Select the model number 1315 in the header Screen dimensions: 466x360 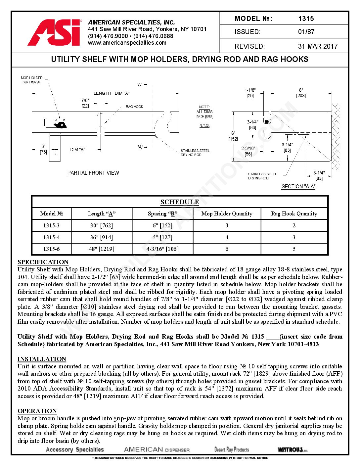(x=306, y=19)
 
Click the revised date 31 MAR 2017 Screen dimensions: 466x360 (x=318, y=46)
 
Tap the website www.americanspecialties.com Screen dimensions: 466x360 (x=127, y=43)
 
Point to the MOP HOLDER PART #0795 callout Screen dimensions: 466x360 (x=31, y=80)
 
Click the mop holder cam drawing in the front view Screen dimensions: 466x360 (x=61, y=124)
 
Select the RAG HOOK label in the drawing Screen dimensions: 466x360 (x=134, y=107)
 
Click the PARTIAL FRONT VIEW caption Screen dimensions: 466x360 (x=93, y=173)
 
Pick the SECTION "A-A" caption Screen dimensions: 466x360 (x=298, y=187)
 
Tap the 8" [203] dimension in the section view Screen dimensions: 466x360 (x=301, y=93)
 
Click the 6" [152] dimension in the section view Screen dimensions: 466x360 (x=233, y=136)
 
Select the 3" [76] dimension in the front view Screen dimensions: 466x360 (x=43, y=149)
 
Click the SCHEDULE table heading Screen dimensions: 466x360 (x=180, y=202)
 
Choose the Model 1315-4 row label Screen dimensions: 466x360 (x=51, y=237)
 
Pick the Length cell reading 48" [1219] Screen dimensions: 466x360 (x=102, y=249)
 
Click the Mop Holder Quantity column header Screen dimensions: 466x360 (x=227, y=213)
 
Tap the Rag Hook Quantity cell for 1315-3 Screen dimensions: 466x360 (x=294, y=225)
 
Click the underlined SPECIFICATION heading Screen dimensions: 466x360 (x=43, y=262)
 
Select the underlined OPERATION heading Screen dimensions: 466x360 (x=37, y=411)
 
